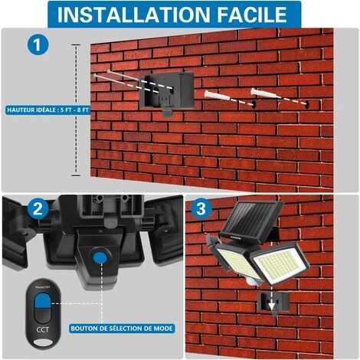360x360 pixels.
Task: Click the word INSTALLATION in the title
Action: pyautogui.click(x=133, y=15)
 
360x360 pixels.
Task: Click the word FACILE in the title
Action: pyautogui.click(x=252, y=15)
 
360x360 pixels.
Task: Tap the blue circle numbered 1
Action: pyautogui.click(x=38, y=44)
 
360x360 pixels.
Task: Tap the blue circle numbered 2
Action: pyautogui.click(x=38, y=208)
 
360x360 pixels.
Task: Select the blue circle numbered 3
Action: pyautogui.click(x=201, y=208)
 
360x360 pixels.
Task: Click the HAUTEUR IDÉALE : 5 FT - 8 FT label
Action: pyautogui.click(x=47, y=110)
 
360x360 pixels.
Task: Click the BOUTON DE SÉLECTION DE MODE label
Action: pyautogui.click(x=122, y=329)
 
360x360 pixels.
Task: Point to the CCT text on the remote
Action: pyautogui.click(x=42, y=329)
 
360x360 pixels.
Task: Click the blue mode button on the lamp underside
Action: pyautogui.click(x=100, y=258)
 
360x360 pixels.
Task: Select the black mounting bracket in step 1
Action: pyautogui.click(x=167, y=92)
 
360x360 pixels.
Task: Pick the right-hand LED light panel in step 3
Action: pyautogui.click(x=280, y=263)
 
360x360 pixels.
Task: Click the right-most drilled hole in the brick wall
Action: pyautogui.click(x=306, y=104)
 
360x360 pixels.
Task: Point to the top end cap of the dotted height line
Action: pyautogui.click(x=76, y=44)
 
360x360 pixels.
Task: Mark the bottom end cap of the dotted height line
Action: pyautogui.click(x=76, y=175)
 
